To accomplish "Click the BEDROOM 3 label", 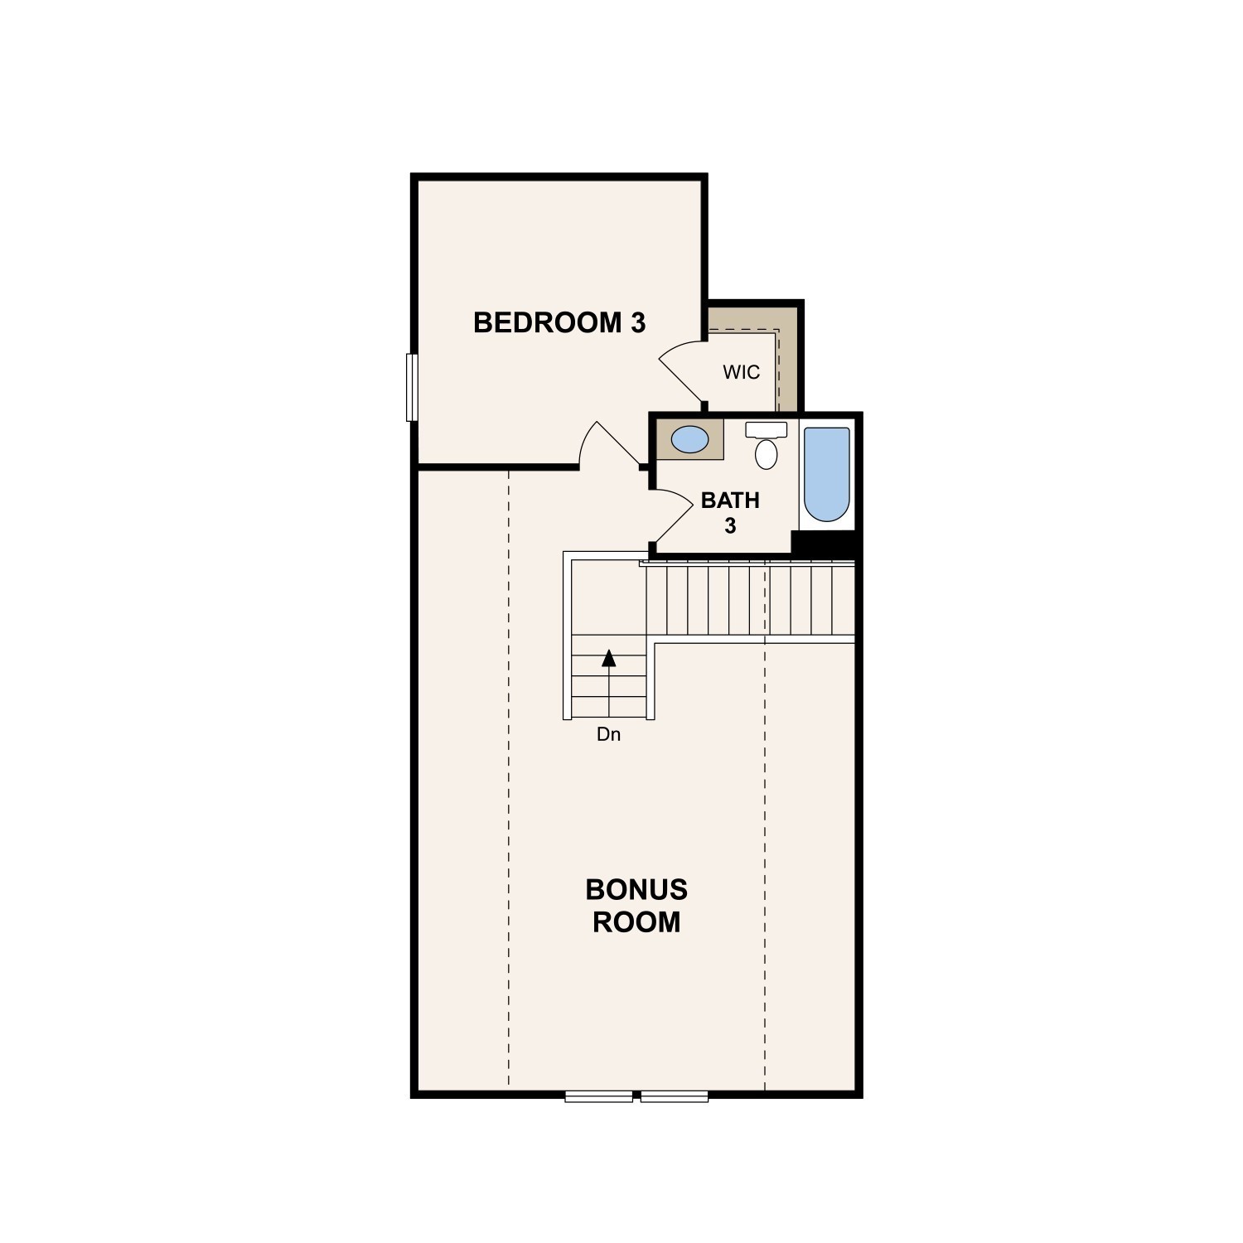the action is pyautogui.click(x=559, y=322).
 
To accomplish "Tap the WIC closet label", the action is pyautogui.click(x=741, y=372).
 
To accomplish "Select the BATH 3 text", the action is pyautogui.click(x=730, y=512).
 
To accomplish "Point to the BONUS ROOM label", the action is pyautogui.click(x=636, y=906).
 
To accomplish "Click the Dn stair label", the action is pyautogui.click(x=608, y=734).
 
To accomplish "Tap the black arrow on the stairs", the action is pyautogui.click(x=609, y=658).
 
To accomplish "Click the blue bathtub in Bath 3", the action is pyautogui.click(x=827, y=474).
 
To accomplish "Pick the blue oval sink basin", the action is pyautogui.click(x=689, y=439).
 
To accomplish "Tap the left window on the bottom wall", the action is pyautogui.click(x=598, y=1096).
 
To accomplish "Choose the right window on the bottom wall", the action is pyautogui.click(x=675, y=1096).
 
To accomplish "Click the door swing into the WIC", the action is pyautogui.click(x=681, y=370).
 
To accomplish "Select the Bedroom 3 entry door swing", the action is pyautogui.click(x=609, y=444).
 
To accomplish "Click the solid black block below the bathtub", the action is pyautogui.click(x=825, y=543).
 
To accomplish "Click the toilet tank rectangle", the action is pyautogui.click(x=767, y=429).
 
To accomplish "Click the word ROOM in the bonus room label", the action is pyautogui.click(x=636, y=921).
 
